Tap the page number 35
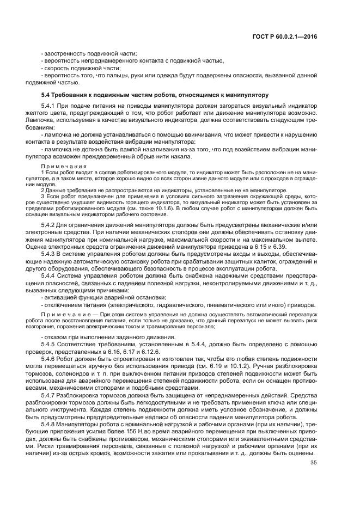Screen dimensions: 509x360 pyautogui.click(x=313, y=463)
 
